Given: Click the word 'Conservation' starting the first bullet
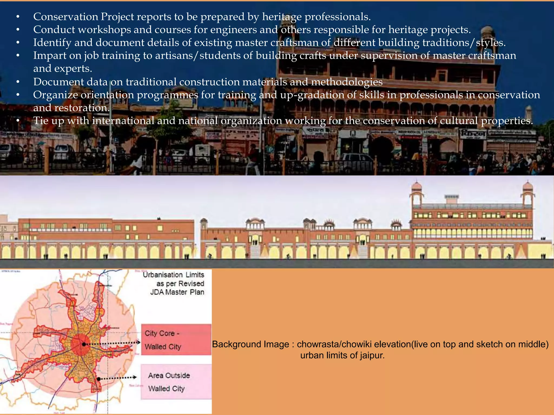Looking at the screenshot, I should [65, 17].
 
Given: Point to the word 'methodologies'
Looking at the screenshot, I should [347, 82].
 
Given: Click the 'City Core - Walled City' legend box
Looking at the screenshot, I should [176, 340].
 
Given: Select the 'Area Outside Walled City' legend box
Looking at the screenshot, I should [176, 382].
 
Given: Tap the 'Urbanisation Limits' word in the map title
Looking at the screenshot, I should [173, 275].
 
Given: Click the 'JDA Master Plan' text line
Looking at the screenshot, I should [177, 292].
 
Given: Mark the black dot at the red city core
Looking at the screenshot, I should [84, 344].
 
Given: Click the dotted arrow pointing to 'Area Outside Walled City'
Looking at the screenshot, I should [118, 378].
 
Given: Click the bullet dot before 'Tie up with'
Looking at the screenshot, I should [18, 121].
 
